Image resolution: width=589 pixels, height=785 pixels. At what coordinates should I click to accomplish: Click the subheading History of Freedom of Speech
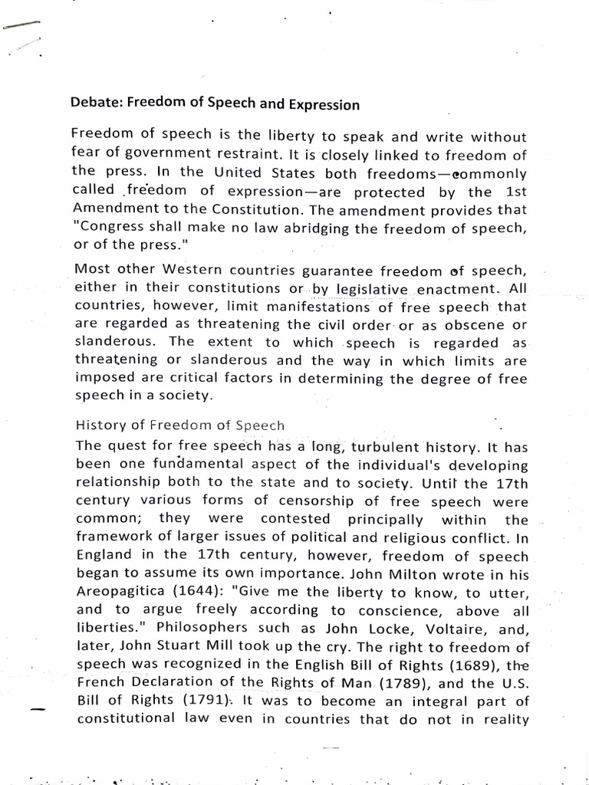(179, 425)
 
